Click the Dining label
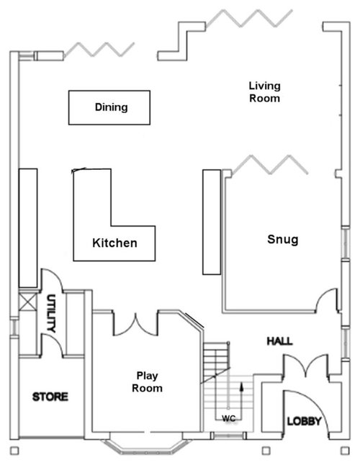(111, 107)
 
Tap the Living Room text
(264, 92)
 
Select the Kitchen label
(114, 243)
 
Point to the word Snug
(283, 239)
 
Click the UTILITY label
(51, 313)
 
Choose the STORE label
(50, 397)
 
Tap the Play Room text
(147, 382)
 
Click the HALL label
(279, 341)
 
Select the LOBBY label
(304, 421)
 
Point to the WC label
(229, 418)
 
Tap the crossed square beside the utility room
(27, 302)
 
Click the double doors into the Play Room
(135, 324)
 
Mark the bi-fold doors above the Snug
(269, 165)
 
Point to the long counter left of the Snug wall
(212, 222)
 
